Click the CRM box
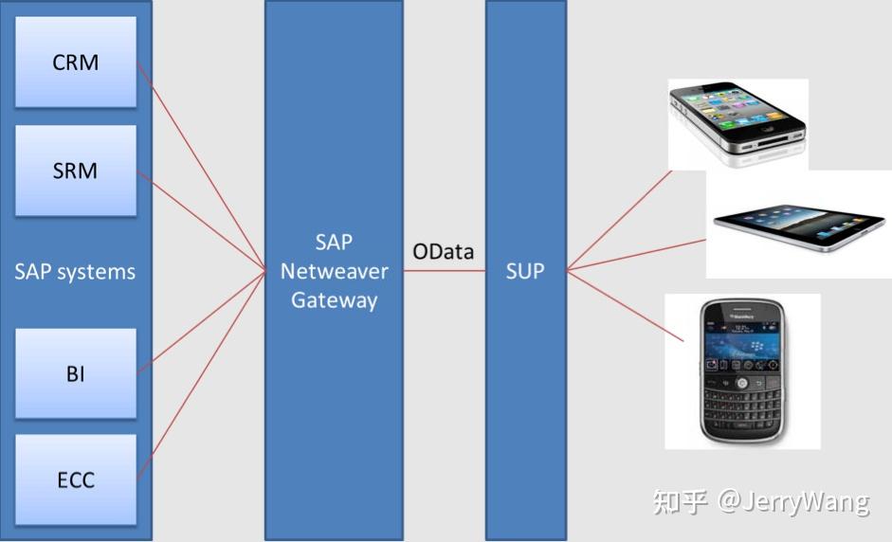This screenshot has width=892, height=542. click(75, 63)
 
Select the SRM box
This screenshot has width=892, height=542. click(75, 171)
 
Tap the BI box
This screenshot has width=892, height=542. click(75, 373)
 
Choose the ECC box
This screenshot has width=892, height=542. click(75, 479)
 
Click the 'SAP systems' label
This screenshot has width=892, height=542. click(75, 272)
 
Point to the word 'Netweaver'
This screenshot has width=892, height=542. click(334, 271)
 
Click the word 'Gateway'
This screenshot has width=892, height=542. click(334, 300)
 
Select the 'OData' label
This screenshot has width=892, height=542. click(443, 251)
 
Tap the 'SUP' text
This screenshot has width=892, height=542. click(524, 271)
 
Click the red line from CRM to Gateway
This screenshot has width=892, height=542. click(202, 167)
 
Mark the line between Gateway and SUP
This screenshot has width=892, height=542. click(444, 271)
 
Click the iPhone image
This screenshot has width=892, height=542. click(737, 123)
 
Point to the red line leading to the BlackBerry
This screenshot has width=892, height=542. click(626, 304)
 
